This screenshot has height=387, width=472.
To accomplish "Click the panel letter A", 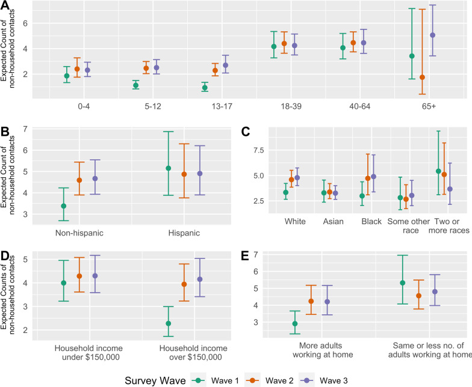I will (5, 5).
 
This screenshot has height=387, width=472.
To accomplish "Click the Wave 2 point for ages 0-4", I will (77, 69).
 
